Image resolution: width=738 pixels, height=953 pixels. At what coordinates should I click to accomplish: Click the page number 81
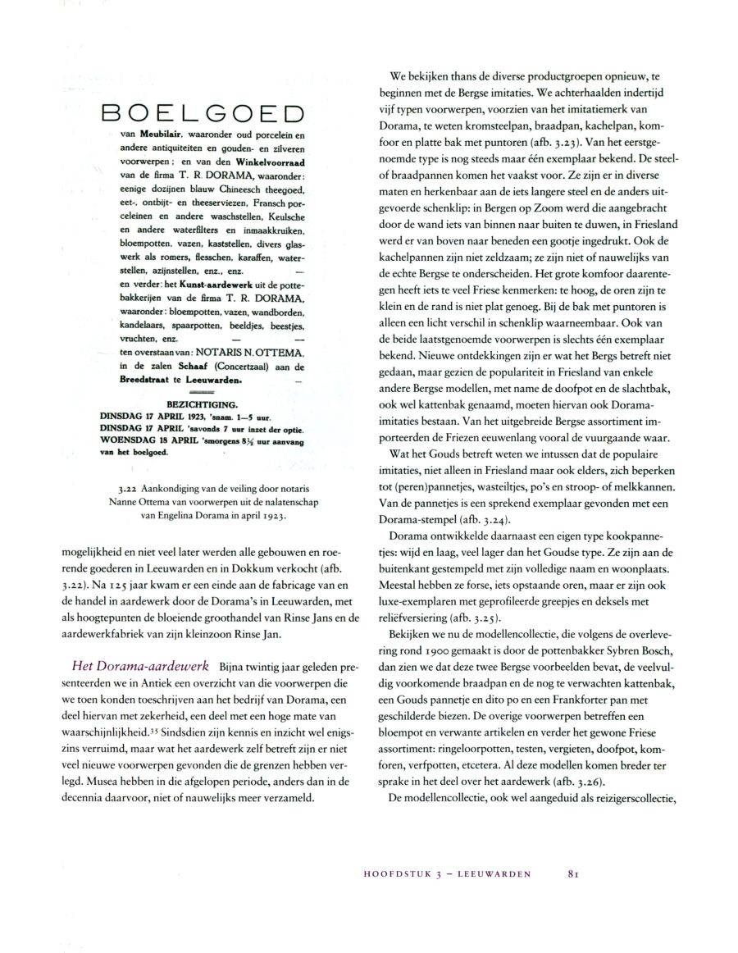[574, 874]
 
